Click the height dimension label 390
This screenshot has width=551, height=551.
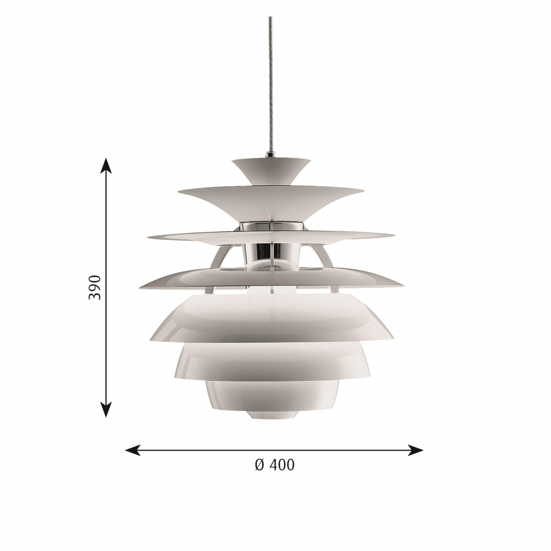(x=95, y=287)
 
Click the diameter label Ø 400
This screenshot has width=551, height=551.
(x=274, y=465)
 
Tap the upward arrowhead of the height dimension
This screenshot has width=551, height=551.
(x=107, y=166)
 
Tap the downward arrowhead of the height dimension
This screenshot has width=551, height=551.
(x=107, y=409)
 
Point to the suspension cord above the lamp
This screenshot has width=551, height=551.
(x=270, y=84)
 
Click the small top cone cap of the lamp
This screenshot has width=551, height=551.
(x=271, y=171)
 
